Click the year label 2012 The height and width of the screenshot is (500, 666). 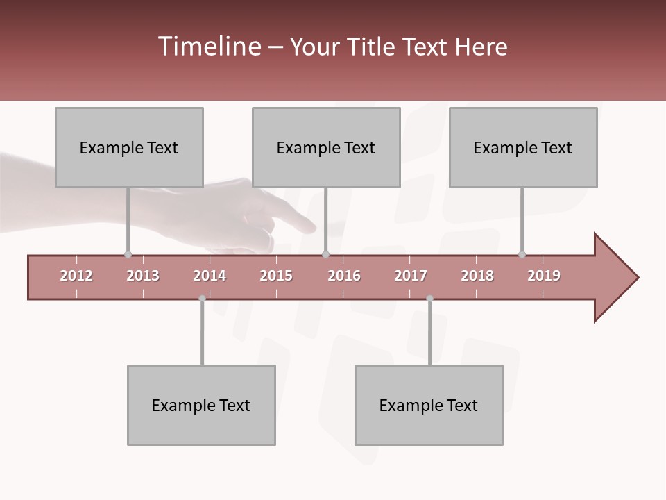[x=76, y=276]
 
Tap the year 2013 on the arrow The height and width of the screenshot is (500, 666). [x=143, y=276]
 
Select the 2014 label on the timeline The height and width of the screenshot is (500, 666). [x=210, y=276]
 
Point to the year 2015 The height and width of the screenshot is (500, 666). [x=276, y=276]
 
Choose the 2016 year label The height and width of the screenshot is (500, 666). [x=344, y=276]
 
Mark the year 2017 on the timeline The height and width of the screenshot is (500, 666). [x=411, y=276]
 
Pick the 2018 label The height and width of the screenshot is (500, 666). [x=477, y=276]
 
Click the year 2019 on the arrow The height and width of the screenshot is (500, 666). [x=544, y=276]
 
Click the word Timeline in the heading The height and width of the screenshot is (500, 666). [x=208, y=47]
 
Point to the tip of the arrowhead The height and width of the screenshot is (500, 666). [x=638, y=278]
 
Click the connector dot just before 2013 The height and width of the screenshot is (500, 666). [x=128, y=254]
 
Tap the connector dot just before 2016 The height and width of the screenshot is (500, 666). [x=325, y=254]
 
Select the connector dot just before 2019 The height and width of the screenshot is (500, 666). [x=522, y=254]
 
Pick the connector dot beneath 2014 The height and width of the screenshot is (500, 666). [x=202, y=299]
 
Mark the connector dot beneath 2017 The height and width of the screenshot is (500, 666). [x=429, y=299]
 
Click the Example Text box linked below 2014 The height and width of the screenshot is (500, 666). [x=201, y=405]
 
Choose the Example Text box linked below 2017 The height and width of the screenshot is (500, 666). [x=429, y=405]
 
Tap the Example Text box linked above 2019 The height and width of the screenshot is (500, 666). [x=523, y=147]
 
